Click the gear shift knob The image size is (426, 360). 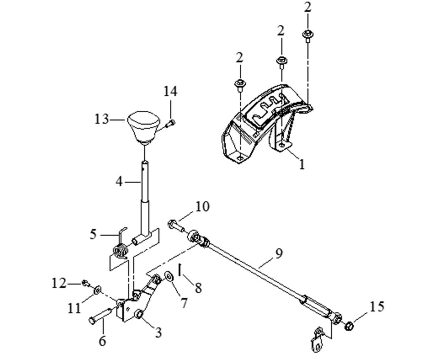143,126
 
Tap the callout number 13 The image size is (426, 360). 102,119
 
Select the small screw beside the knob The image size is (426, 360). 170,123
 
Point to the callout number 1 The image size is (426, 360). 302,164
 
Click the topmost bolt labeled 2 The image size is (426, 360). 307,36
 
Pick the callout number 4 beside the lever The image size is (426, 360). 119,182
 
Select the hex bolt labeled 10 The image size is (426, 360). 176,226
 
